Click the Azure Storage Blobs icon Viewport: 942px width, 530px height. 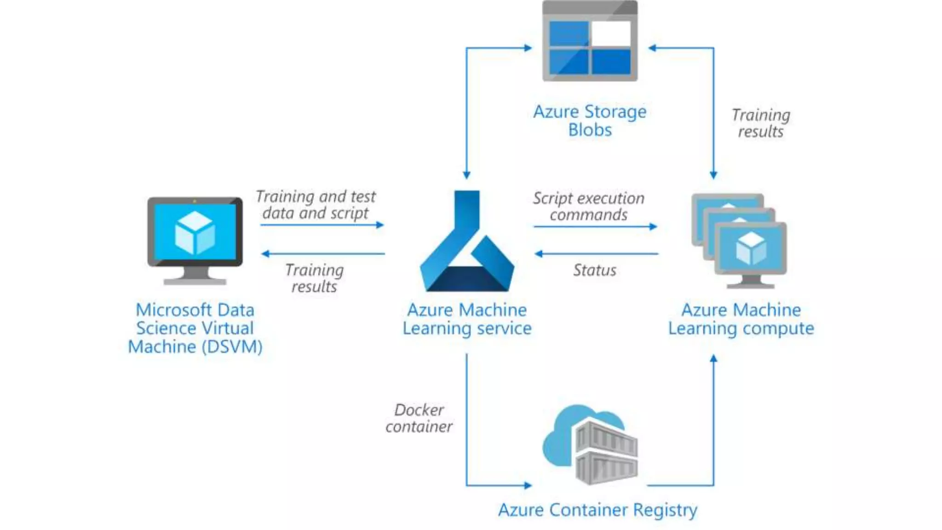click(x=590, y=41)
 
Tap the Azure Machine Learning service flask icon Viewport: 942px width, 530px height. click(x=467, y=241)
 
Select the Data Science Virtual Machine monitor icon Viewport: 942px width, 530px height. click(x=195, y=241)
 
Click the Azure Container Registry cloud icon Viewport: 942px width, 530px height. click(x=590, y=444)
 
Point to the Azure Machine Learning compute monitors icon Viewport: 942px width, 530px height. click(x=739, y=241)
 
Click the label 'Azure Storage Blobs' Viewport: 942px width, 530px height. click(x=590, y=121)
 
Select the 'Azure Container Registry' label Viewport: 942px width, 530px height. click(x=597, y=510)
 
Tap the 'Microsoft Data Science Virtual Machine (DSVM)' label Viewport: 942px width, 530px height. click(x=195, y=328)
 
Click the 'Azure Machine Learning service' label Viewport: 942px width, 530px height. click(x=467, y=319)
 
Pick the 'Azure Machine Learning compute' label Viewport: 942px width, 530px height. click(x=741, y=319)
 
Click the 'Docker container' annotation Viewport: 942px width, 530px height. click(x=419, y=418)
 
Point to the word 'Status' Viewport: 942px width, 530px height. click(x=594, y=270)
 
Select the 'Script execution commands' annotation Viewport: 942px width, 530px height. click(x=589, y=206)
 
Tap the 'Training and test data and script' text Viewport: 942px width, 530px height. click(x=316, y=204)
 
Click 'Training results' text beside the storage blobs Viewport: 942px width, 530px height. click(x=761, y=123)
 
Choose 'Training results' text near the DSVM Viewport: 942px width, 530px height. click(x=314, y=278)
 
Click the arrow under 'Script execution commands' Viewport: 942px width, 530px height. click(x=595, y=226)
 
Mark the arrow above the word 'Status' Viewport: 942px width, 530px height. click(x=596, y=253)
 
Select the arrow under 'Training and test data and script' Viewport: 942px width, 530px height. click(x=322, y=225)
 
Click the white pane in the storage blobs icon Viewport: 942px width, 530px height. click(x=611, y=34)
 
